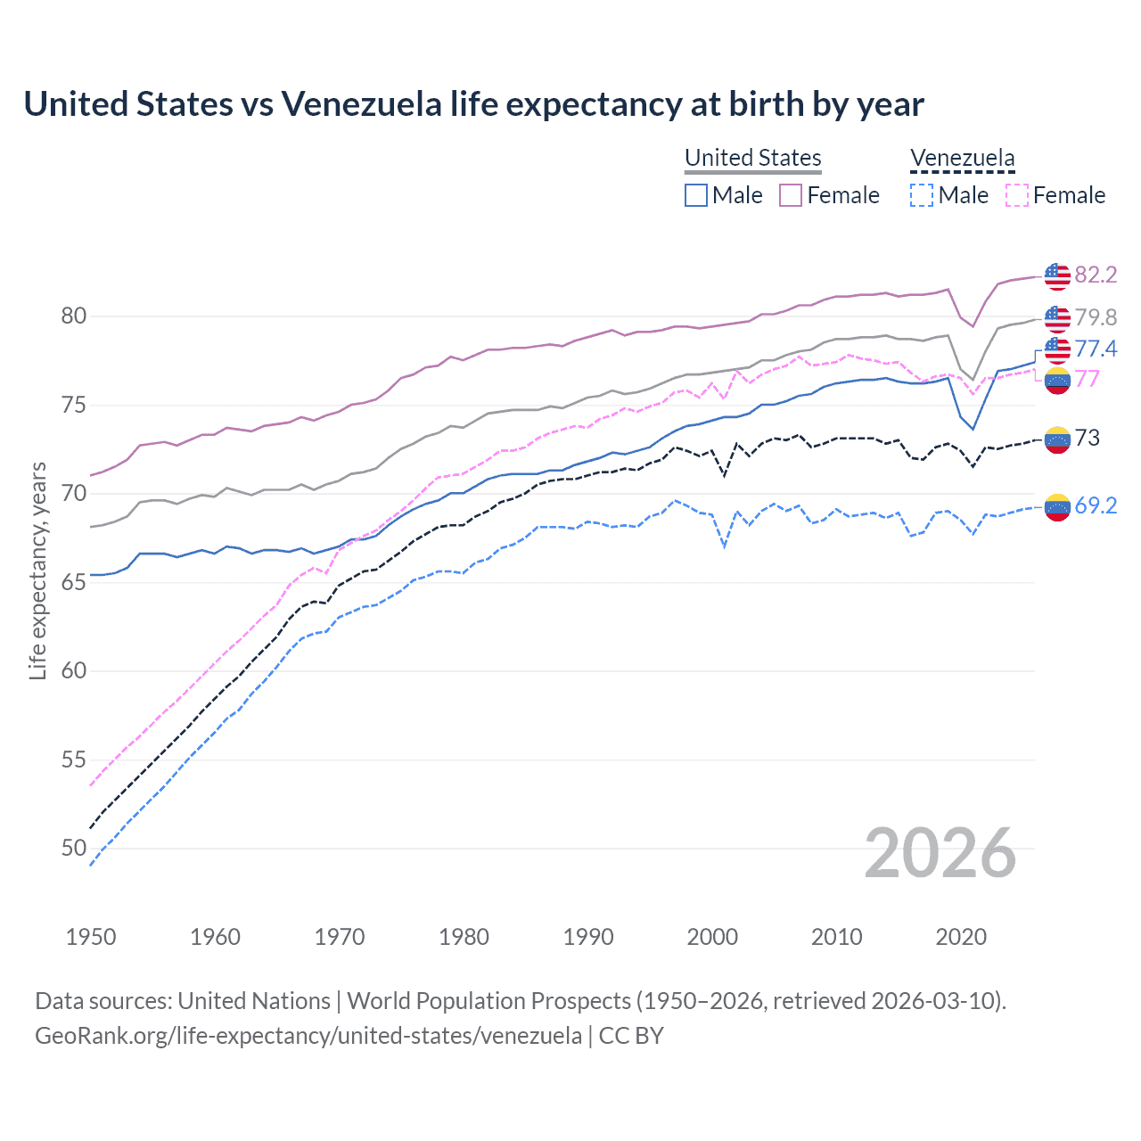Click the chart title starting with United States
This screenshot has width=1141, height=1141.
473,104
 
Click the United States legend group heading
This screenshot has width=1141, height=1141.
752,158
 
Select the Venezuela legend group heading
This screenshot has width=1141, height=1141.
962,158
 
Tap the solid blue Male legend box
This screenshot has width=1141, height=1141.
696,195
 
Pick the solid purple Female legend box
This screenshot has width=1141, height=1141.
791,195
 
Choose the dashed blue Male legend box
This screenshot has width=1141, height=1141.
922,195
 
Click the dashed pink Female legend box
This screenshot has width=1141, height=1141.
1017,195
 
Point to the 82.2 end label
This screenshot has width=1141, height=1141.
1096,275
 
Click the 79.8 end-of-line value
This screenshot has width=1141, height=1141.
1096,317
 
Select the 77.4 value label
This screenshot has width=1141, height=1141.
1096,349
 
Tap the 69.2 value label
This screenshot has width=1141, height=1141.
1096,505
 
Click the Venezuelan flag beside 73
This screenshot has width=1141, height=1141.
1057,439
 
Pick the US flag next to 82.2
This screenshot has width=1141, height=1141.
1057,276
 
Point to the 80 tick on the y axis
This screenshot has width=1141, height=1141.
74,316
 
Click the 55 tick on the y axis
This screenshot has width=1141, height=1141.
74,759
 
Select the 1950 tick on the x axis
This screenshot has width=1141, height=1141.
91,937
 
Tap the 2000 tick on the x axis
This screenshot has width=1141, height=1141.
712,937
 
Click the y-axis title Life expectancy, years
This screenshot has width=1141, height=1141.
38,570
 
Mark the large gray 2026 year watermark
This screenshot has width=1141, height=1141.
940,853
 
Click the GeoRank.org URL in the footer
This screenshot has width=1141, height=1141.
308,1036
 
